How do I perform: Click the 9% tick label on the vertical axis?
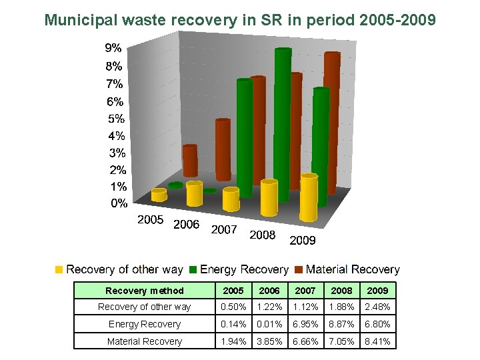[x=113, y=48]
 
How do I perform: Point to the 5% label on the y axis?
[x=115, y=119]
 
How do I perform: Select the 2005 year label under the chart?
[x=150, y=219]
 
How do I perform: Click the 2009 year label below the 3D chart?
[x=303, y=240]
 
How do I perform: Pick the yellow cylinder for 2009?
[x=309, y=197]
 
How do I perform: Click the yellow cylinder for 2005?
[x=159, y=195]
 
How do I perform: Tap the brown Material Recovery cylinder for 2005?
[x=190, y=161]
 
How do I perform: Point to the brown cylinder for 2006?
[x=223, y=150]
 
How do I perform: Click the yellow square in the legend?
[x=59, y=270]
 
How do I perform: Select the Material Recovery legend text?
[x=353, y=269]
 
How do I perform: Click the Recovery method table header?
[x=144, y=291]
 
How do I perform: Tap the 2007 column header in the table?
[x=305, y=291]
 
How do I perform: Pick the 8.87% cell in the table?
[x=341, y=324]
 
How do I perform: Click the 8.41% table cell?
[x=377, y=341]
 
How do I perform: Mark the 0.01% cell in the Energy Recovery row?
[x=269, y=324]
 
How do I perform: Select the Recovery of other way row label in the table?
[x=144, y=307]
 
